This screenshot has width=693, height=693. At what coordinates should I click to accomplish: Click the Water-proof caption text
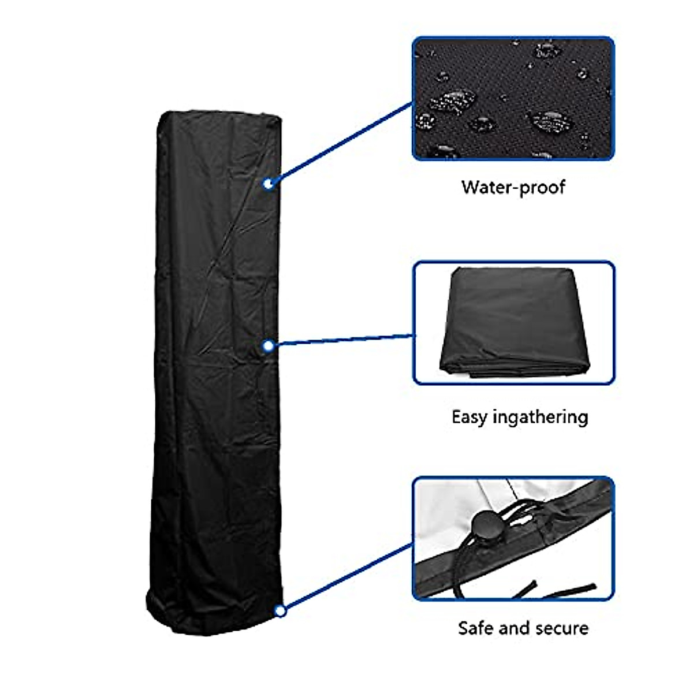click(513, 187)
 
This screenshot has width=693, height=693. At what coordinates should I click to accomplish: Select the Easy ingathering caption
click(520, 417)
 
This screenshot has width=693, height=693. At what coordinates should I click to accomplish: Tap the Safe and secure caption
click(523, 628)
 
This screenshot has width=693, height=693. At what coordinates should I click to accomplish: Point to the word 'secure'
click(561, 628)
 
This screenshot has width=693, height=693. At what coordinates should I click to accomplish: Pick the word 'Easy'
click(469, 417)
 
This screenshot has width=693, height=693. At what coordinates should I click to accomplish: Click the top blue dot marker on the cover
click(268, 184)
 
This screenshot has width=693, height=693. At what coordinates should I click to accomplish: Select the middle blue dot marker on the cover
click(268, 346)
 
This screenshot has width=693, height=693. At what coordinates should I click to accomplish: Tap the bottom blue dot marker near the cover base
click(281, 610)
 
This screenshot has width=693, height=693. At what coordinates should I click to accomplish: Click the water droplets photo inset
click(513, 98)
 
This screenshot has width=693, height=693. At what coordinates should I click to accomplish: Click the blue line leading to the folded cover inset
click(341, 341)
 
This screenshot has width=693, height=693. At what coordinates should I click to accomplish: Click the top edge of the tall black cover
click(219, 115)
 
